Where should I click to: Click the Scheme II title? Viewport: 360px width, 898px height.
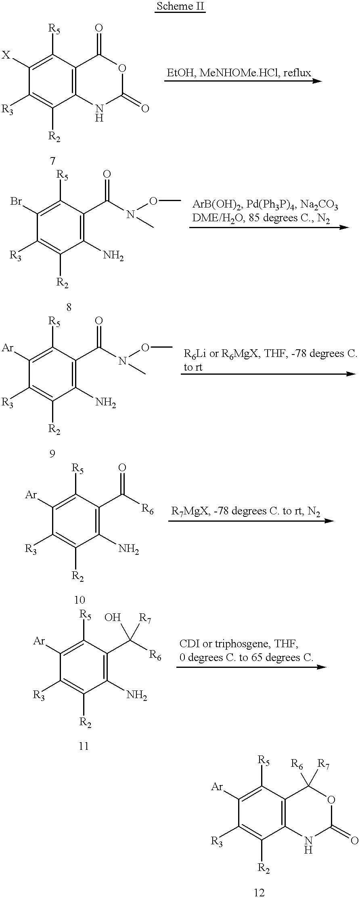pos(180,6)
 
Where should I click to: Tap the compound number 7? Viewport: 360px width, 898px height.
pos(52,161)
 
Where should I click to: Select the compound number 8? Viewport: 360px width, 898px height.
pos(69,307)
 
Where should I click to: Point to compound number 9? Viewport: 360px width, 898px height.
pos(52,454)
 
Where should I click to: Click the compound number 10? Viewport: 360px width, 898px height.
pos(80,600)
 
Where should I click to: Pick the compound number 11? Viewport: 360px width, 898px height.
pos(84,746)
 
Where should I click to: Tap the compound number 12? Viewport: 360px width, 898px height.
pos(259,892)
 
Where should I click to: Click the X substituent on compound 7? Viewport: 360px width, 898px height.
pos(6,55)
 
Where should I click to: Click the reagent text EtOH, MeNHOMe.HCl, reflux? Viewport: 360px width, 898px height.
pos(239,73)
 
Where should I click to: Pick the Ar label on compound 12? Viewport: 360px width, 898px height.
pos(217,787)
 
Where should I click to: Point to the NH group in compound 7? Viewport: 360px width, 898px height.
pos(99,113)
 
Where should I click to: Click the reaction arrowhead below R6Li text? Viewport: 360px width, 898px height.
pos(351,374)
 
